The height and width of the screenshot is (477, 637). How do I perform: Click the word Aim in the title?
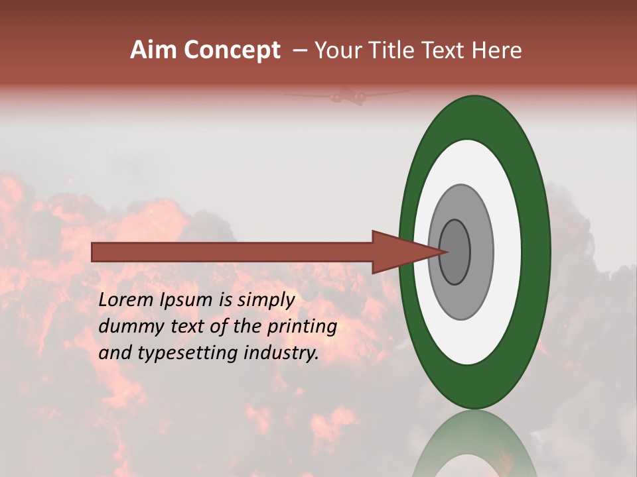click(x=152, y=50)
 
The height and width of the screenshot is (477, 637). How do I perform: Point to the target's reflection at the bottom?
click(x=474, y=444)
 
